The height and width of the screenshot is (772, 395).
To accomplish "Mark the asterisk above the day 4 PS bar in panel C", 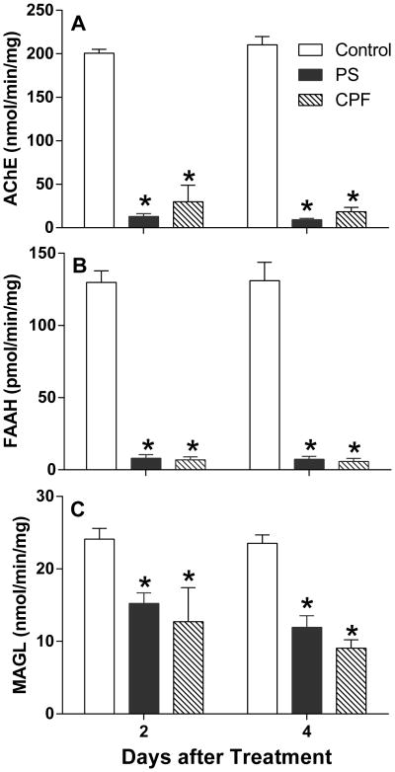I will (309, 605).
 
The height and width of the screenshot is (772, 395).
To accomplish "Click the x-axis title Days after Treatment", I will (226, 757).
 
